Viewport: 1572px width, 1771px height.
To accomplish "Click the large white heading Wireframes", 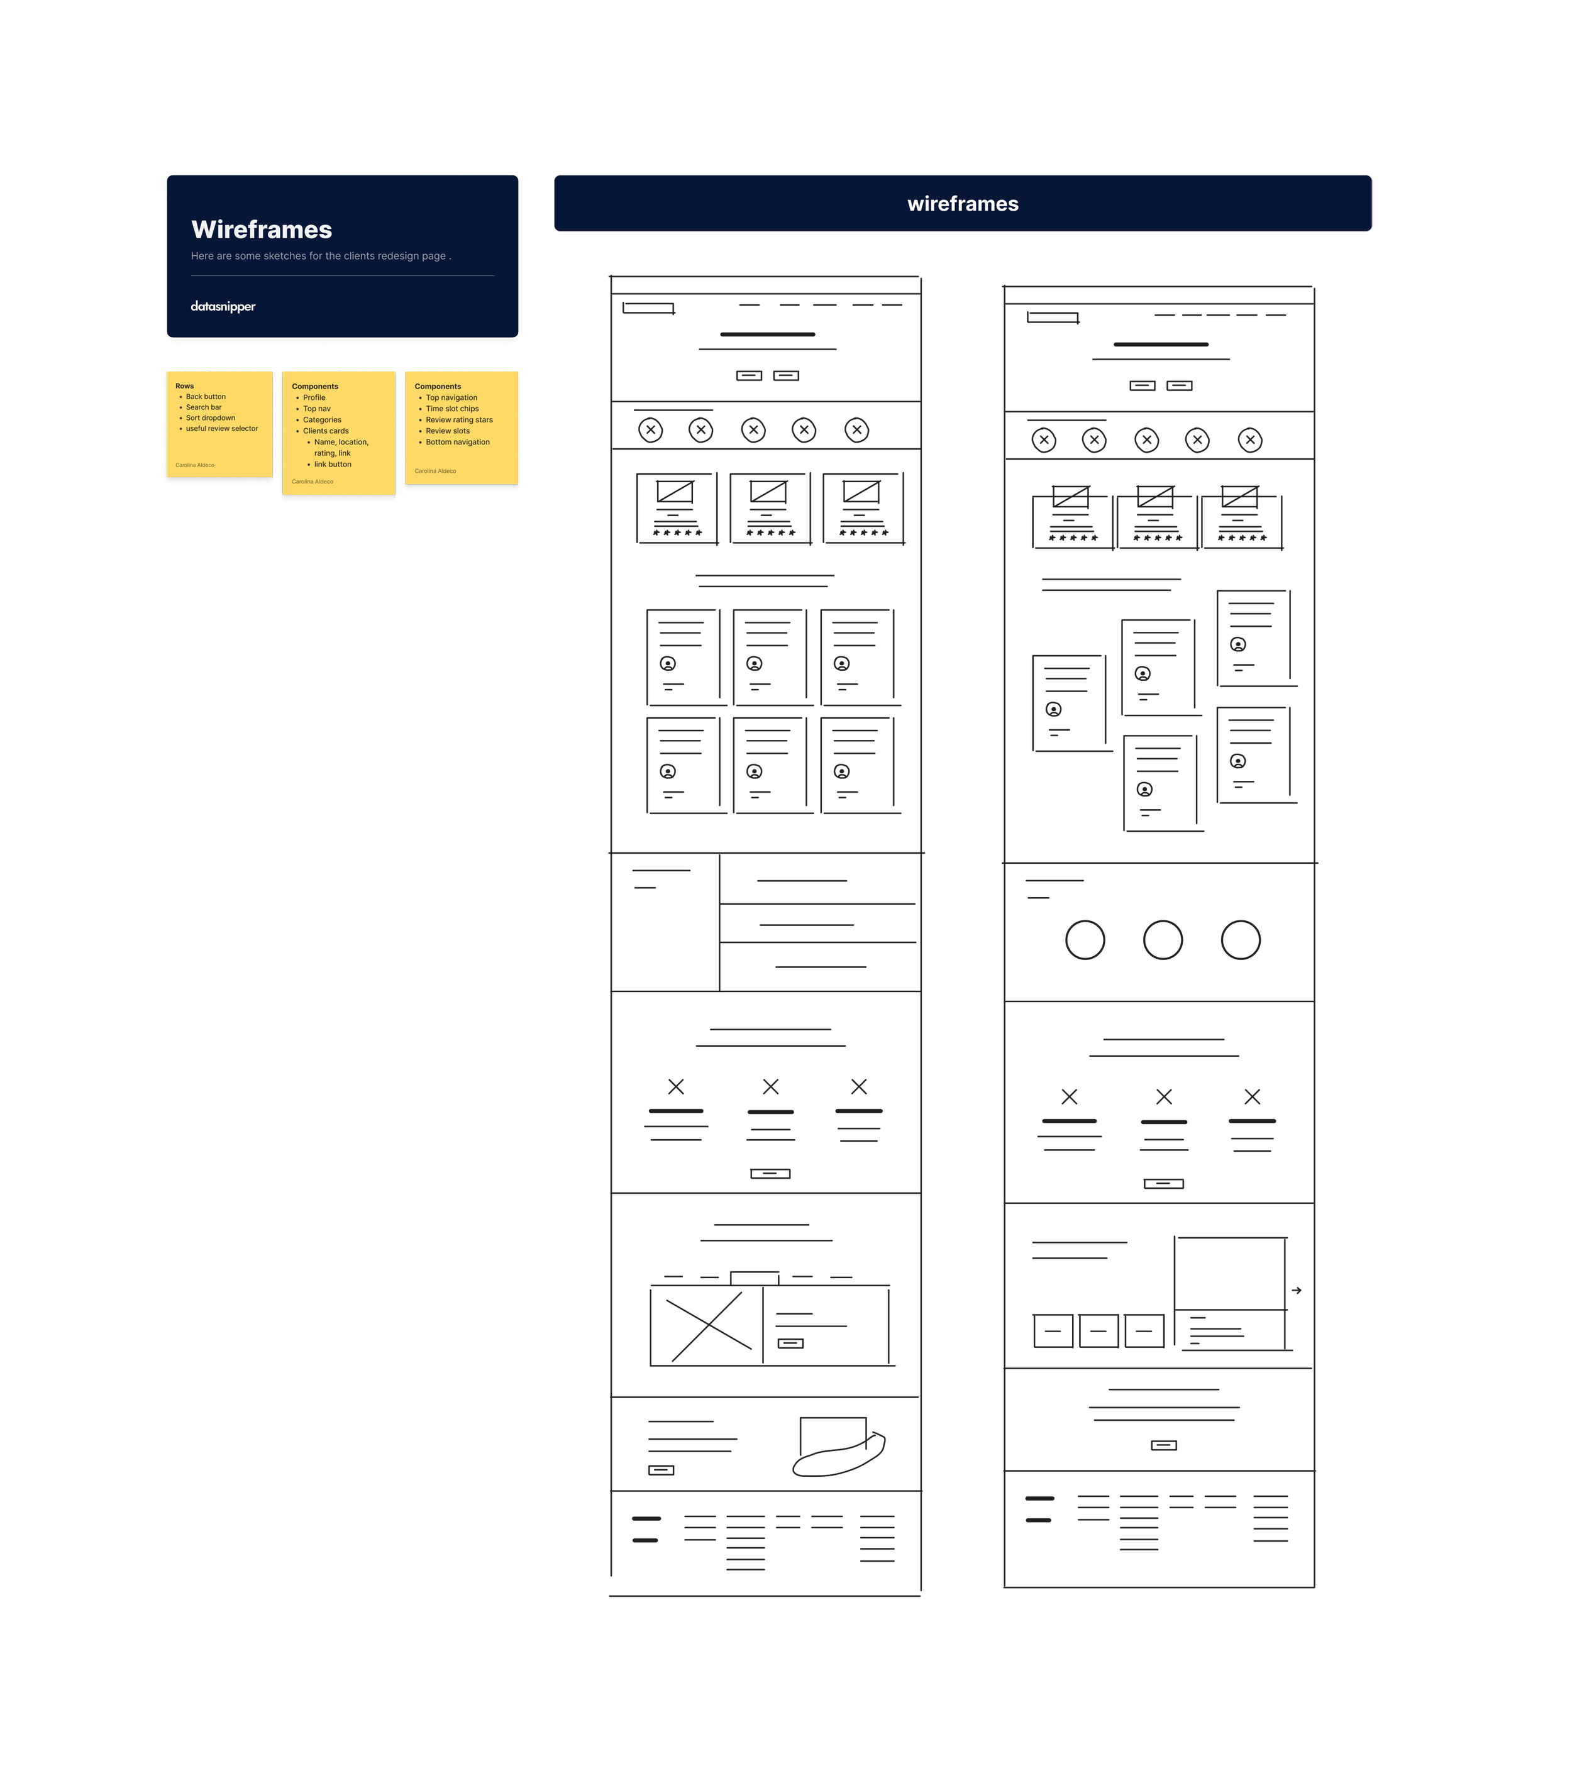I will point(261,229).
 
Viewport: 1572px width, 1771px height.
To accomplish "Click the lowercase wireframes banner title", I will point(963,204).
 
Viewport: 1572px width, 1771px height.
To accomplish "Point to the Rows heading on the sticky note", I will point(185,385).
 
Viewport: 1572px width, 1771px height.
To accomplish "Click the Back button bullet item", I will point(206,397).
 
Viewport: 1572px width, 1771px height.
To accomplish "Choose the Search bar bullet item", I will point(204,407).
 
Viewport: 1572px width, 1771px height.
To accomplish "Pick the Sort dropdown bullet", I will point(210,417).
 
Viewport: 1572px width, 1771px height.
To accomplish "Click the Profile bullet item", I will point(314,398).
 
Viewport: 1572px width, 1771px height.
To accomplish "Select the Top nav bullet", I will point(316,409).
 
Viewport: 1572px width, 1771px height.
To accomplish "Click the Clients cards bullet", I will point(325,431).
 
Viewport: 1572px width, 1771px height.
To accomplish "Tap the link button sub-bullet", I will point(332,465).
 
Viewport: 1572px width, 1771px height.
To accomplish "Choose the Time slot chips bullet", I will point(451,409).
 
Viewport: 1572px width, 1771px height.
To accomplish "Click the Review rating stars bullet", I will point(458,420).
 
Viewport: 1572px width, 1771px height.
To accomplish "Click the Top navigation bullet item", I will point(451,398).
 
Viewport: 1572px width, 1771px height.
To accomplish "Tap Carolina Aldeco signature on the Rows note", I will point(195,465).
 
